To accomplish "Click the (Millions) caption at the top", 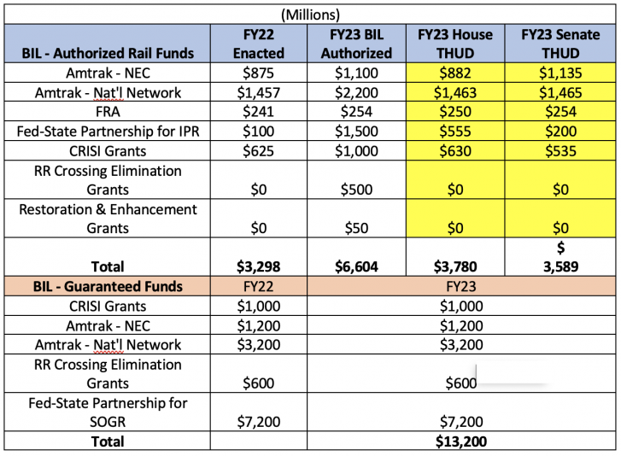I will tap(309, 14).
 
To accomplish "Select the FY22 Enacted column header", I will tap(259, 43).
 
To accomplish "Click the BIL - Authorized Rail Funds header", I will tap(108, 53).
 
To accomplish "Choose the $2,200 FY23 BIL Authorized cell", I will tap(360, 92).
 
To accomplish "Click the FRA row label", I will tap(108, 112).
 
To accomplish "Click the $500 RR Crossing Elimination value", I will tap(360, 190).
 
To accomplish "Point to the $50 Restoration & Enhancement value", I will tap(360, 228).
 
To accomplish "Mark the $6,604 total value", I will tap(360, 266).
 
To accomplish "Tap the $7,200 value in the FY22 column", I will tap(259, 422).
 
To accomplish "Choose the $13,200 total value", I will tap(461, 441).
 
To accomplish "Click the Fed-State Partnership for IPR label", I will tap(108, 131).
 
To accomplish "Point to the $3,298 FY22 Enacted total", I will tap(259, 266).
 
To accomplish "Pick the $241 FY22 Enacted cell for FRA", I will tap(259, 112).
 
